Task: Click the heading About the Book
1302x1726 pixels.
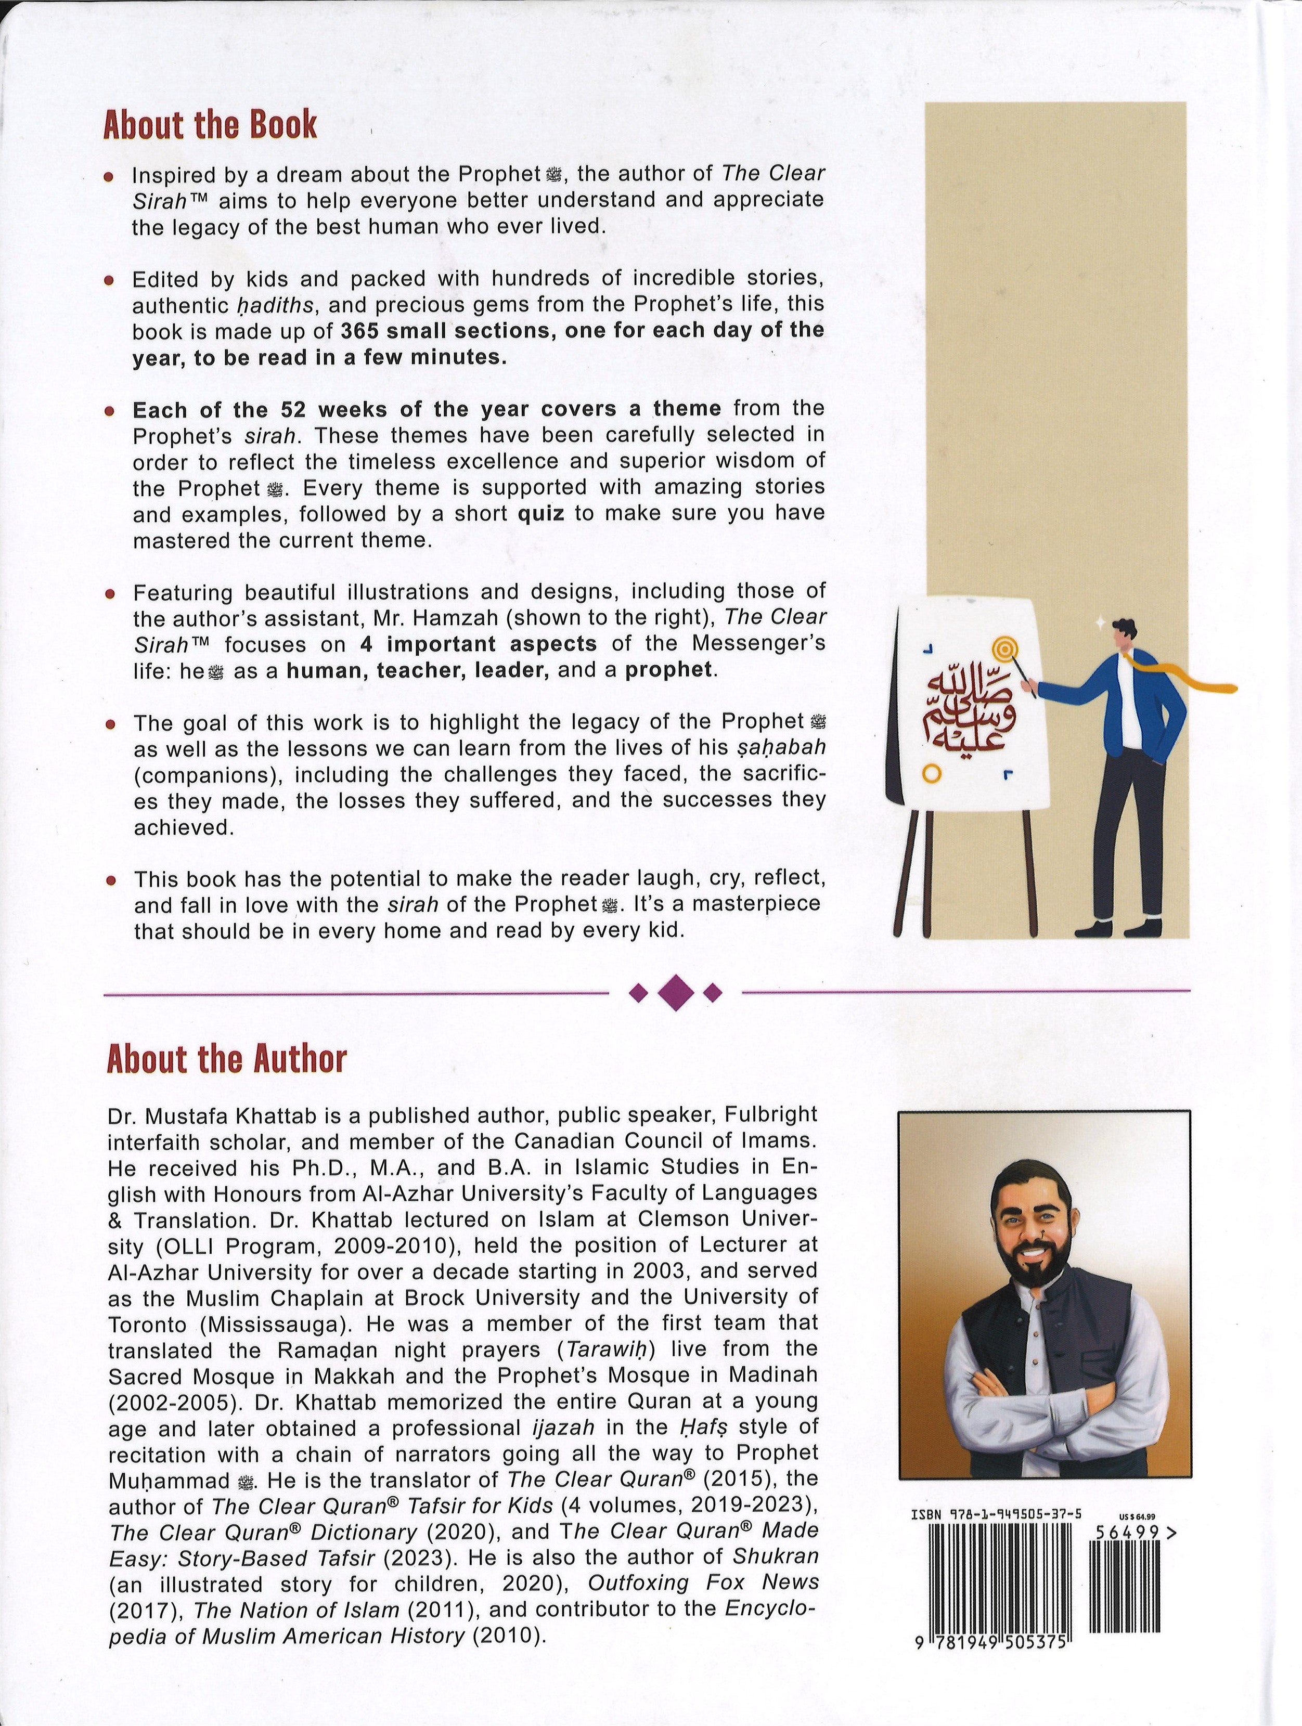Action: pyautogui.click(x=210, y=125)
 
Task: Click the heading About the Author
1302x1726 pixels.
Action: pyautogui.click(x=226, y=1059)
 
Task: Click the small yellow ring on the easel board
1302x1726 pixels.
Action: pyautogui.click(x=929, y=773)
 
